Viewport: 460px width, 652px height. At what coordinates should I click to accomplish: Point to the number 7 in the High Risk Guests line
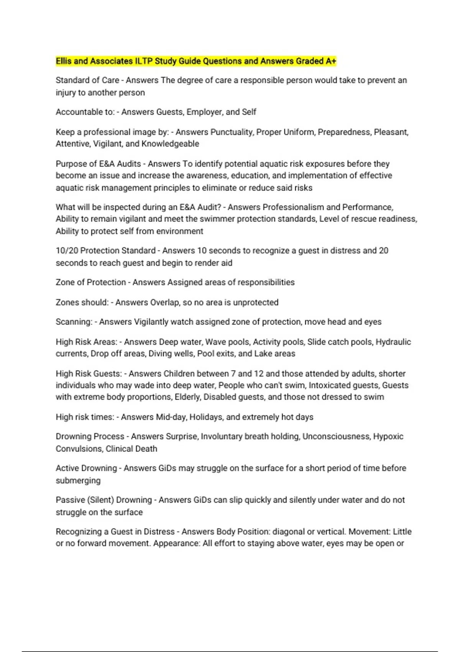[233, 374]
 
